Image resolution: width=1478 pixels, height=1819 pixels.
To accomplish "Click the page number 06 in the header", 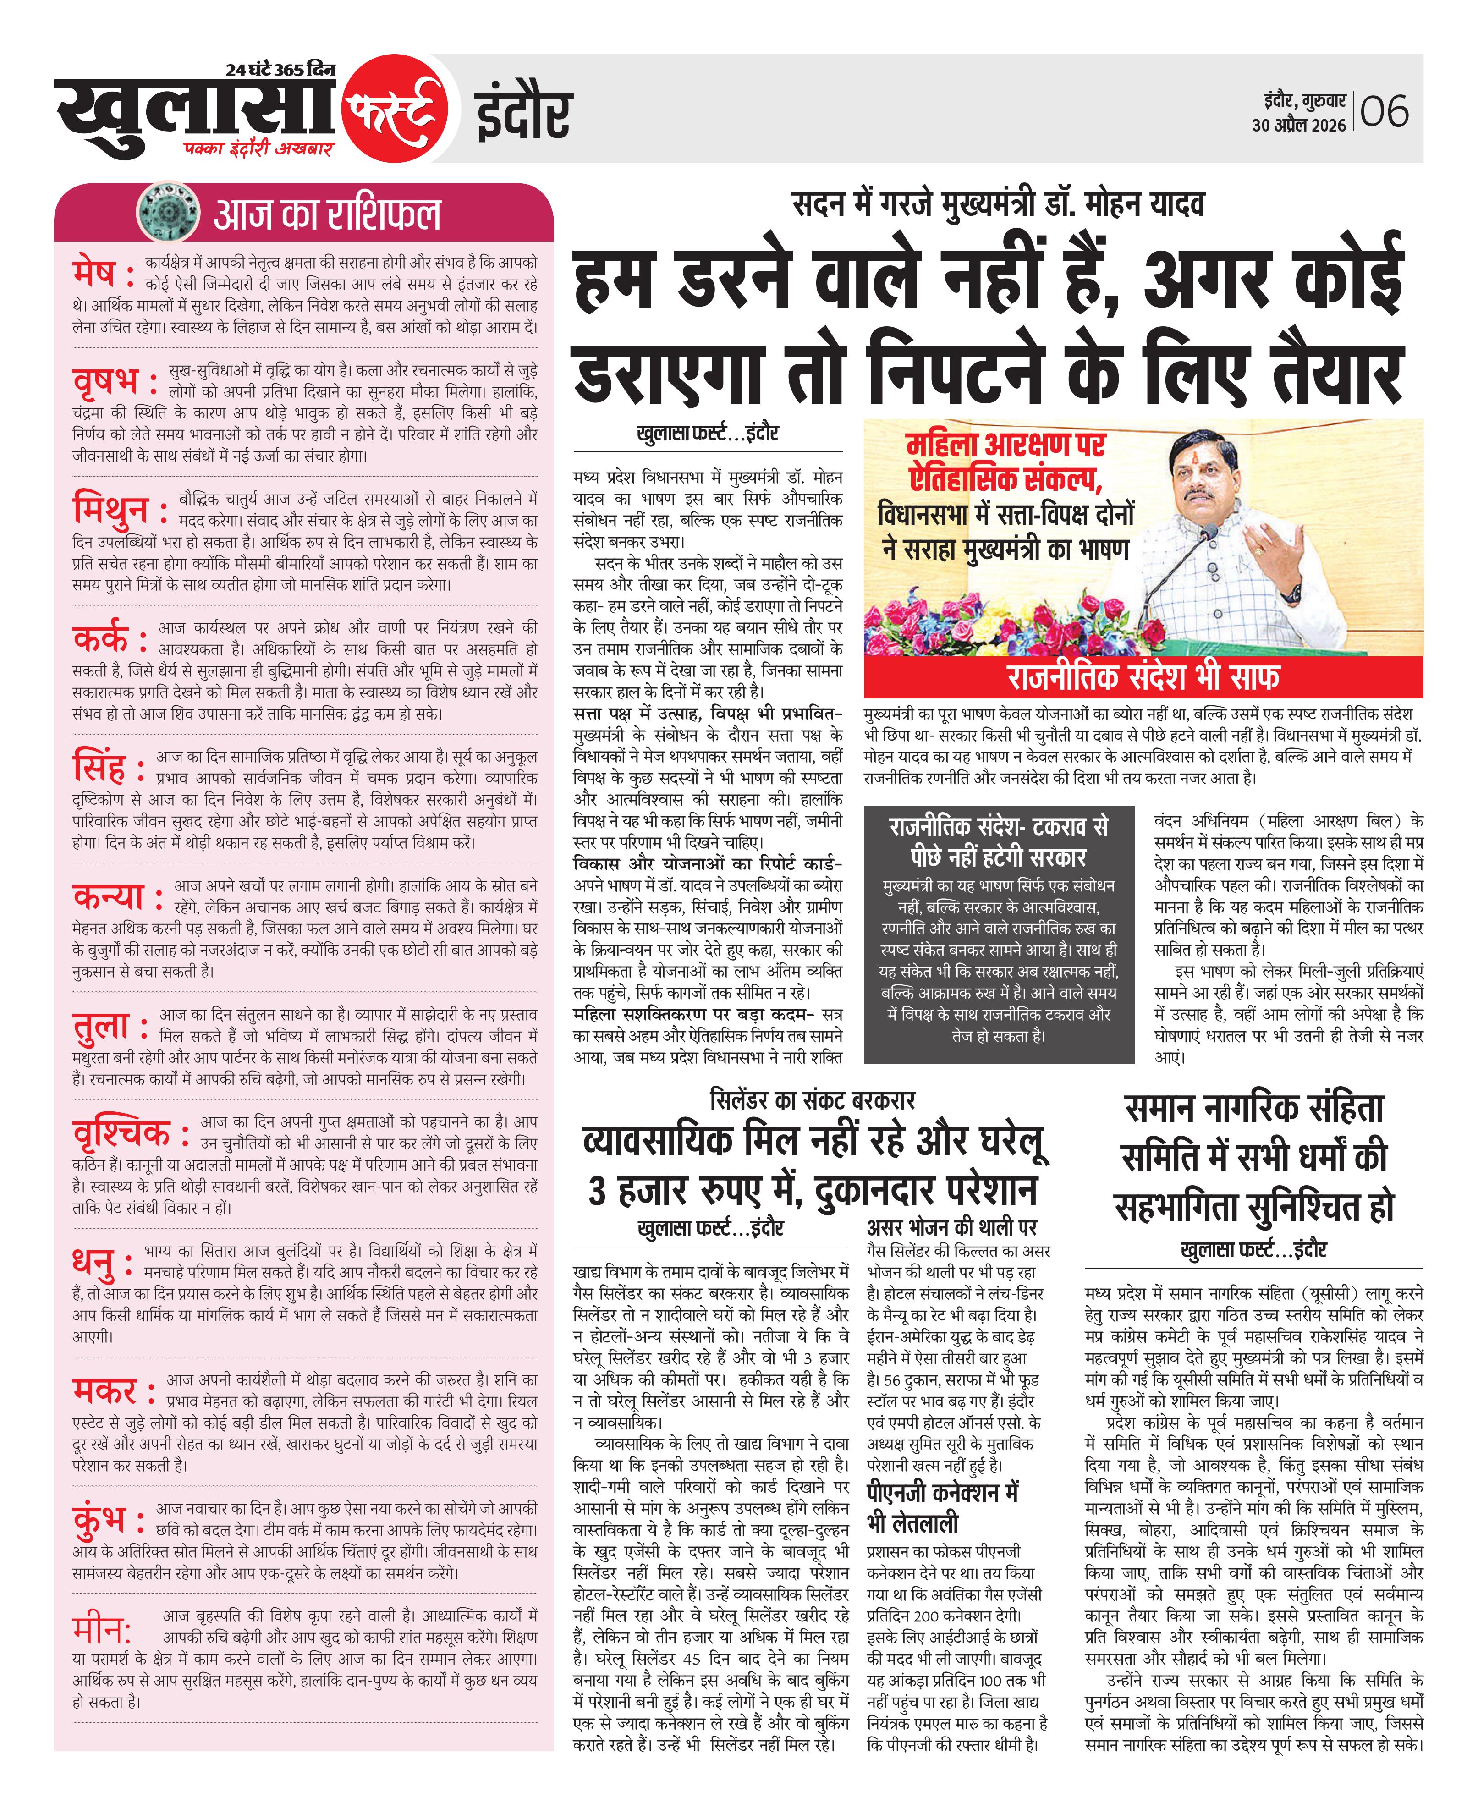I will click(1385, 111).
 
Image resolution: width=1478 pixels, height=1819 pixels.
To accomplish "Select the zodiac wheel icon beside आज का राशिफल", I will click(168, 213).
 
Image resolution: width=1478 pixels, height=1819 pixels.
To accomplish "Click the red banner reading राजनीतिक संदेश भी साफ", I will click(1143, 677).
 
